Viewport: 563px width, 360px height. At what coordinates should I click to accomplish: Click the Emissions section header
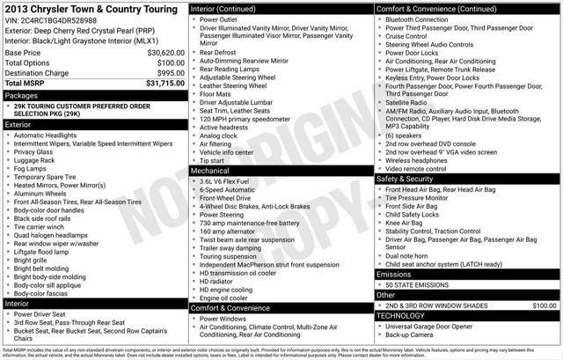(396, 275)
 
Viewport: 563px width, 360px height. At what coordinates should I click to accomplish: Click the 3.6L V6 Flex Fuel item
(231, 180)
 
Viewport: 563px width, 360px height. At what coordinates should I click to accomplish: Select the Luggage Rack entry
(35, 159)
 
